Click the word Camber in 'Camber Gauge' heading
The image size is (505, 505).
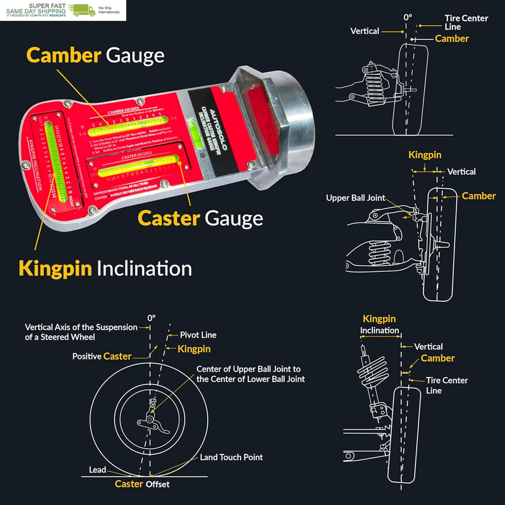[x=63, y=56]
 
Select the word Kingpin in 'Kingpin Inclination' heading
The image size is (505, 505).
[x=56, y=268]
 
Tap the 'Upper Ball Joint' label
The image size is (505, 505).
[x=355, y=198]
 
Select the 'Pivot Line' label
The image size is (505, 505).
[x=198, y=335]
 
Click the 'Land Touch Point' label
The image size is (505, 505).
[x=231, y=457]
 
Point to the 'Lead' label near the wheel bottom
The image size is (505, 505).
[x=97, y=470]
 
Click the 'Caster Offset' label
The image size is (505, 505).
[x=142, y=484]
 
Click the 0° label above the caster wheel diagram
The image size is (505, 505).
[x=151, y=318]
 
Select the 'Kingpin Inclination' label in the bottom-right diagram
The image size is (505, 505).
[x=379, y=324]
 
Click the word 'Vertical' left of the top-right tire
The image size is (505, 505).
[x=365, y=31]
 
